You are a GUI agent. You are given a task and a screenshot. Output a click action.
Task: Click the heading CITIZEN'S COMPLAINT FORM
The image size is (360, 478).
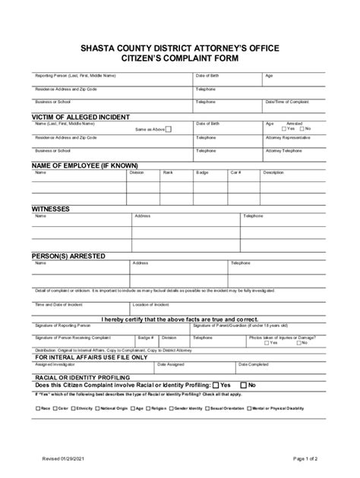coord(179,58)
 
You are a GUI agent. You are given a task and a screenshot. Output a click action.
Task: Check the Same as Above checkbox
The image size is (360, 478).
coord(169,129)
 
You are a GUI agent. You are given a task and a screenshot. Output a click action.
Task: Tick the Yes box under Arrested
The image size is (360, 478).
coord(284,129)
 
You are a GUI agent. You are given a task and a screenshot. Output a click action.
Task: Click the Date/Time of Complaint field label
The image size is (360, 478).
coord(286,101)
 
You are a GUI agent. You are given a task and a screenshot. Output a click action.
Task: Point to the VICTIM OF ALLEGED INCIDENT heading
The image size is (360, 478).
coord(81,117)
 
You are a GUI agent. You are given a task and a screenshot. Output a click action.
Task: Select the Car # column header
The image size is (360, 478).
coord(235,172)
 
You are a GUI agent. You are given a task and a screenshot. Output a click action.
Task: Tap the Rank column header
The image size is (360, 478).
coord(168,172)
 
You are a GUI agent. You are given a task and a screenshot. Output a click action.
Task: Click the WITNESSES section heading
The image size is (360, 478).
coord(51,208)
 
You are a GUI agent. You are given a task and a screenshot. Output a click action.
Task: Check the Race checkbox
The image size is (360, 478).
coord(38,408)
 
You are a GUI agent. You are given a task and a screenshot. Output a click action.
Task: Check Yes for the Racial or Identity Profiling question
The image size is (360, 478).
coord(216,385)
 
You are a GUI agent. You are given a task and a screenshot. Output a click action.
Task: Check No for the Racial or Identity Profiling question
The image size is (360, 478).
coord(243,385)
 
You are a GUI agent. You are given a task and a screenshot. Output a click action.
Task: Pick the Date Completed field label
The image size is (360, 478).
coord(253,363)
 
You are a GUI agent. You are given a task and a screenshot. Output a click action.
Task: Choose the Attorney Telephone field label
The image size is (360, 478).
coord(285,150)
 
